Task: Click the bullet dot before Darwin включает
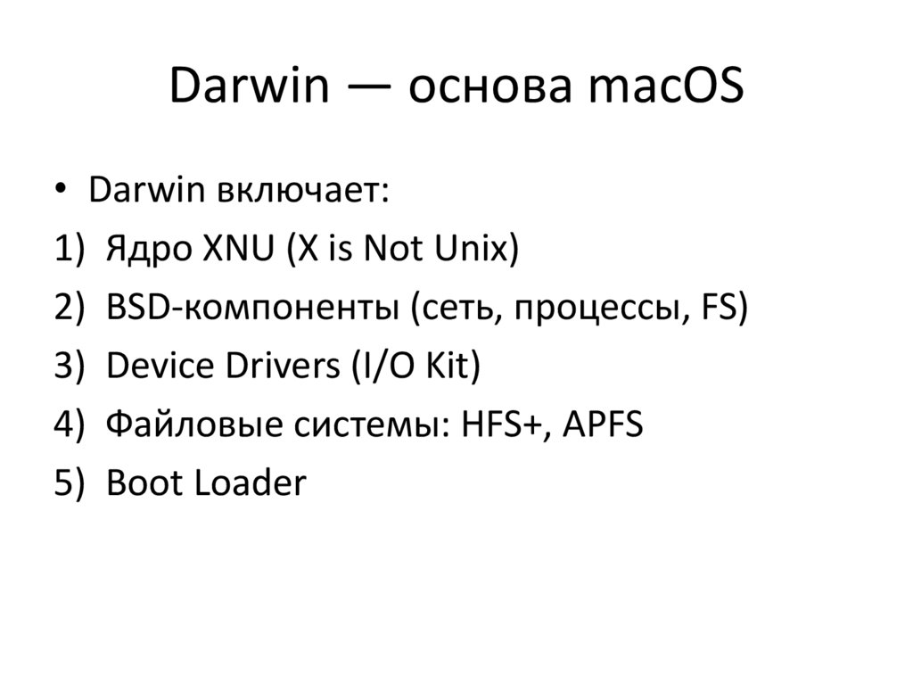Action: coord(61,192)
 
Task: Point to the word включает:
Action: coord(304,192)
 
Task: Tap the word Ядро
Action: coord(147,251)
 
